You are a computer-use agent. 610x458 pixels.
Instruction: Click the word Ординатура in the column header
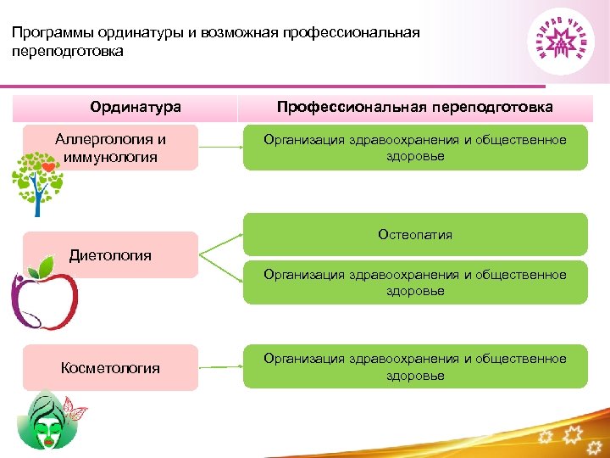click(x=136, y=108)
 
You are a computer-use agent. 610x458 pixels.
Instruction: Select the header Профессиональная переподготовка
click(x=415, y=108)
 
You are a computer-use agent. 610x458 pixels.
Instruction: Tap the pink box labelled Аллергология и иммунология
click(x=111, y=148)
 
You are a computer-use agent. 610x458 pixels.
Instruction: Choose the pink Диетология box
click(x=111, y=254)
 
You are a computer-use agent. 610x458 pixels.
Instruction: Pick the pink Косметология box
click(x=111, y=367)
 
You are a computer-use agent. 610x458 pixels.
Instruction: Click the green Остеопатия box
click(x=415, y=234)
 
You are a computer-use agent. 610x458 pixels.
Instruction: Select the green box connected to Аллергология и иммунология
click(x=415, y=148)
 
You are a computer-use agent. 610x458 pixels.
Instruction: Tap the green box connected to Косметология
click(x=415, y=366)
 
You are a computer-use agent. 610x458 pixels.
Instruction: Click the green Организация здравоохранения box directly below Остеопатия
click(x=415, y=282)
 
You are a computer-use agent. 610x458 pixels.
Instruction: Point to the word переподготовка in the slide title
click(x=68, y=51)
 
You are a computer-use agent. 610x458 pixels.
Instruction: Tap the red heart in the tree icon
click(x=50, y=168)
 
